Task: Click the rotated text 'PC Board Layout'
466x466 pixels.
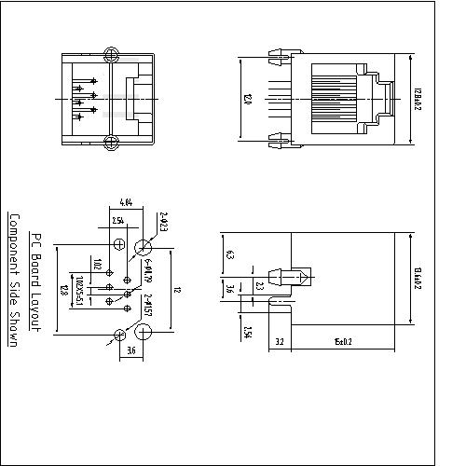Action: coord(34,281)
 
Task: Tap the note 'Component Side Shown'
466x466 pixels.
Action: coord(14,280)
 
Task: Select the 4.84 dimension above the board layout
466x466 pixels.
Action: coord(126,201)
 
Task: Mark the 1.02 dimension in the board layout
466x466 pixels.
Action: coord(96,265)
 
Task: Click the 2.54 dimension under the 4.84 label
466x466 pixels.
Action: coord(118,221)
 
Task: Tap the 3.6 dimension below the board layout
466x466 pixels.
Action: coord(130,350)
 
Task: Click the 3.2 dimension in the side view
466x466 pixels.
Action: coord(280,342)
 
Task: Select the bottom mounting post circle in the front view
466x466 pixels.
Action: coord(111,143)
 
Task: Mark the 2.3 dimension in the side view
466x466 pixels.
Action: coord(260,287)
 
